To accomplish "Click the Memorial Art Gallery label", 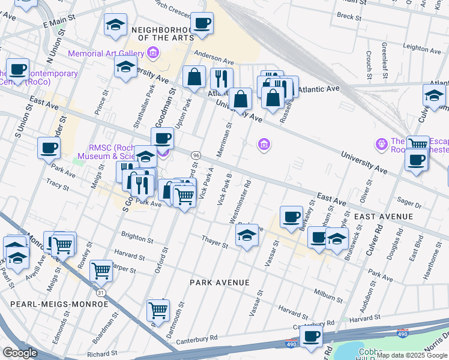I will (x=106, y=53).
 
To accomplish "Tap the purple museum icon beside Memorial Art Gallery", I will (x=153, y=53).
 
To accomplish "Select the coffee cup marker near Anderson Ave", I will (x=202, y=24).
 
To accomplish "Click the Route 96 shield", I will (x=196, y=155).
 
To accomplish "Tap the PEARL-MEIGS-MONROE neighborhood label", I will (x=59, y=304).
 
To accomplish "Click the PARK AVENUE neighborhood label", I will (x=219, y=282).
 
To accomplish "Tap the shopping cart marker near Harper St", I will (x=101, y=270).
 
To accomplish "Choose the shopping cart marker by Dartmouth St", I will (x=158, y=310).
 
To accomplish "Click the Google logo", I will (x=20, y=353).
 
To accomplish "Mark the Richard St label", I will (x=102, y=354).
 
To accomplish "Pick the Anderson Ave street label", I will (x=213, y=61).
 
